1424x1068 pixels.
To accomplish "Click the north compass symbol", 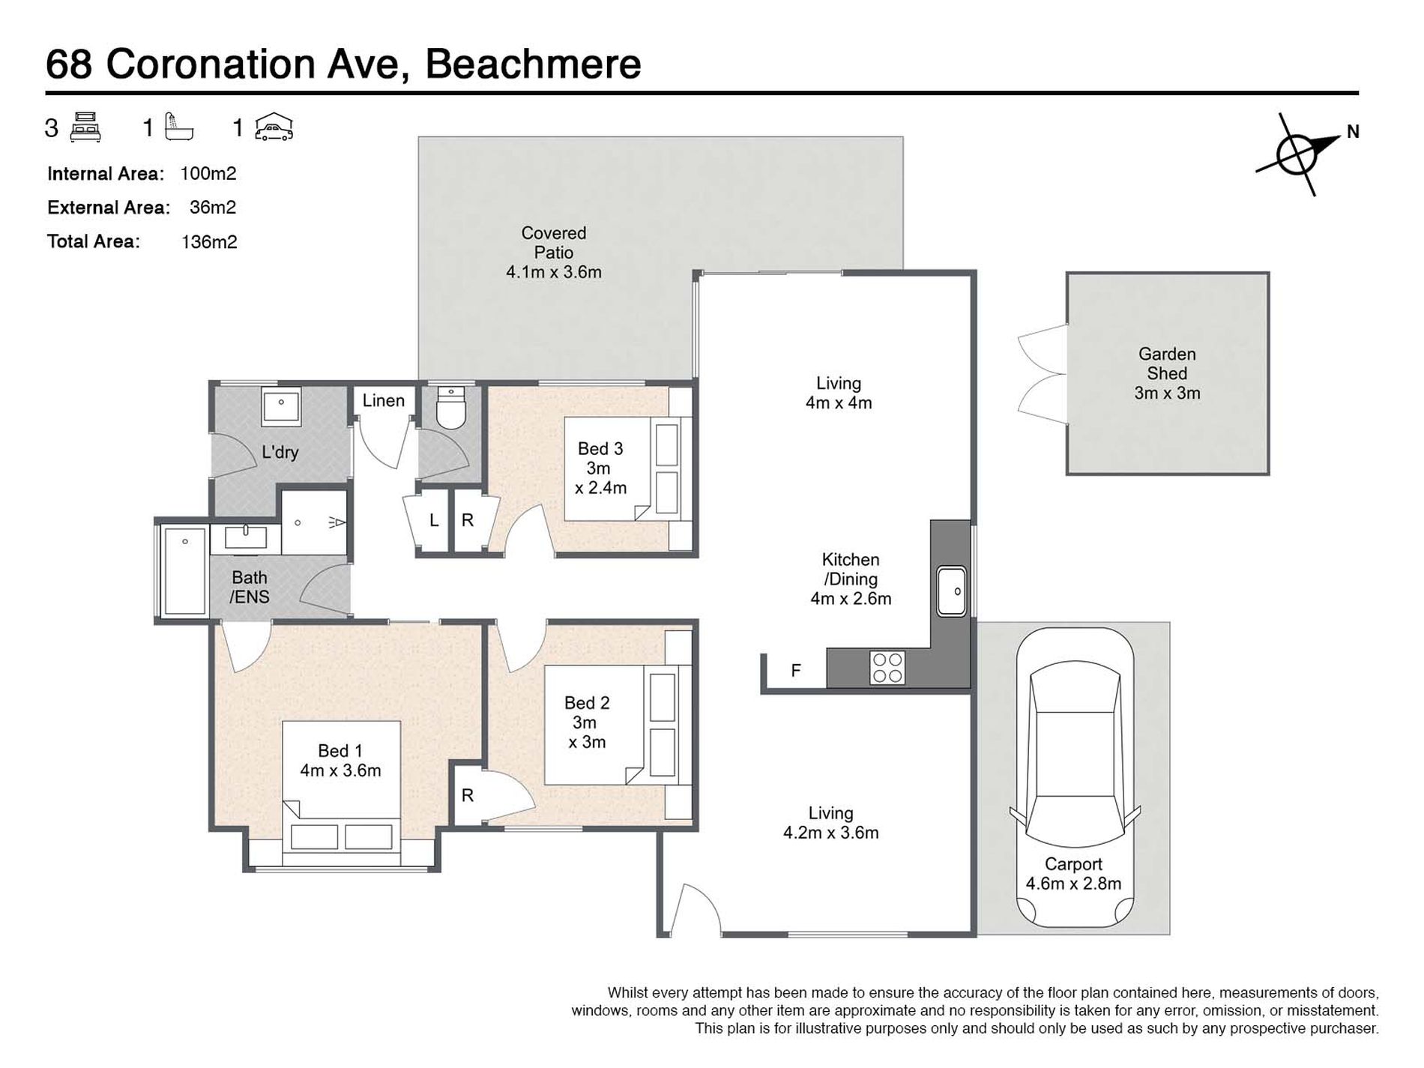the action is [x=1297, y=154].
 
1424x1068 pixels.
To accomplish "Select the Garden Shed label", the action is [x=1167, y=373].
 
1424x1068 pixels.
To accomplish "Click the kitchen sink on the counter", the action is [x=952, y=591].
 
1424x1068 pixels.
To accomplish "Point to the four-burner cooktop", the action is [x=887, y=668].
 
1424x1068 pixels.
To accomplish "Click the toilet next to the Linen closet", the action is [x=451, y=407].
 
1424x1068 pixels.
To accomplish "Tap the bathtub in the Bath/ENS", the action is [x=184, y=571].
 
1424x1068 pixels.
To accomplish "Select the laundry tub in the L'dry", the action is [x=282, y=407].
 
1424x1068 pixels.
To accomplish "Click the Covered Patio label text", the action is [x=554, y=253].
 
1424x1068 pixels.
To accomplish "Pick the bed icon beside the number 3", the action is [x=85, y=127].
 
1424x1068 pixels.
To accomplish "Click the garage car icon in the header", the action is [x=274, y=127].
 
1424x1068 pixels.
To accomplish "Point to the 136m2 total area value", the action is [x=209, y=241].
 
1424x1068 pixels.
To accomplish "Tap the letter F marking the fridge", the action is [x=796, y=671].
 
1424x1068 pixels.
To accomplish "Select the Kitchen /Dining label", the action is [x=851, y=579].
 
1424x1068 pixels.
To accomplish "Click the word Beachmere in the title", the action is [x=534, y=64].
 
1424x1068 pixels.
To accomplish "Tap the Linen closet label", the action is [x=384, y=400].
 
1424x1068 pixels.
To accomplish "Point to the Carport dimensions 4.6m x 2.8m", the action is [x=1074, y=884].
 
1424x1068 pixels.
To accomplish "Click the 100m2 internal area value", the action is [x=208, y=174].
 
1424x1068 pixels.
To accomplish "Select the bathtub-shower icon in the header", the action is [x=179, y=127].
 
